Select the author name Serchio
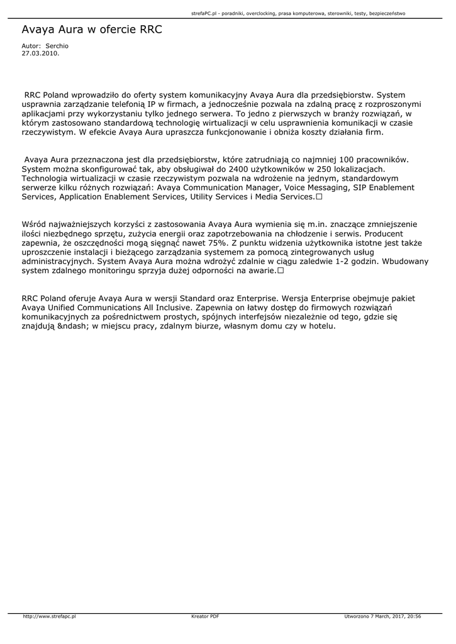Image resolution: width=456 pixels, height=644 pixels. pyautogui.click(x=57, y=47)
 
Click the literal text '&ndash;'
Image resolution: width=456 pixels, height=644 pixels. pyautogui.click(x=72, y=327)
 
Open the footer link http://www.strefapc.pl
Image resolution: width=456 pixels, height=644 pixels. pyautogui.click(x=49, y=616)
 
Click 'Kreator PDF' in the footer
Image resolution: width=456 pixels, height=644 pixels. pyautogui.click(x=205, y=616)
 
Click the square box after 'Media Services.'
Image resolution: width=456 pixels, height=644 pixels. pyautogui.click(x=320, y=197)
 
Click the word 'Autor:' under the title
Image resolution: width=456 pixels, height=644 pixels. pyautogui.click(x=31, y=47)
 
